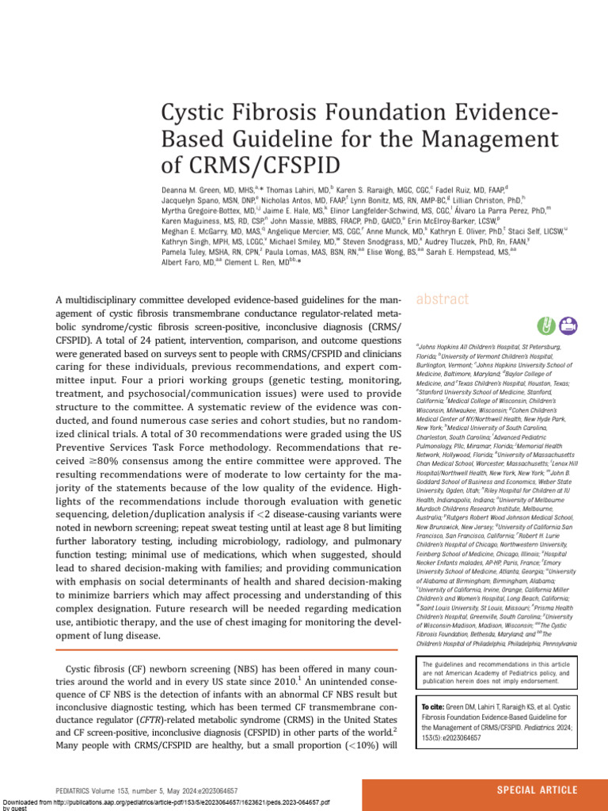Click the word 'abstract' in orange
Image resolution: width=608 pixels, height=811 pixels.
442,300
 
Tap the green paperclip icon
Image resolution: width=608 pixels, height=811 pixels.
545,324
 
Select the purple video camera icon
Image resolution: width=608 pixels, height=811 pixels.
568,324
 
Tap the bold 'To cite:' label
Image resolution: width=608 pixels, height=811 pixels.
435,706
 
